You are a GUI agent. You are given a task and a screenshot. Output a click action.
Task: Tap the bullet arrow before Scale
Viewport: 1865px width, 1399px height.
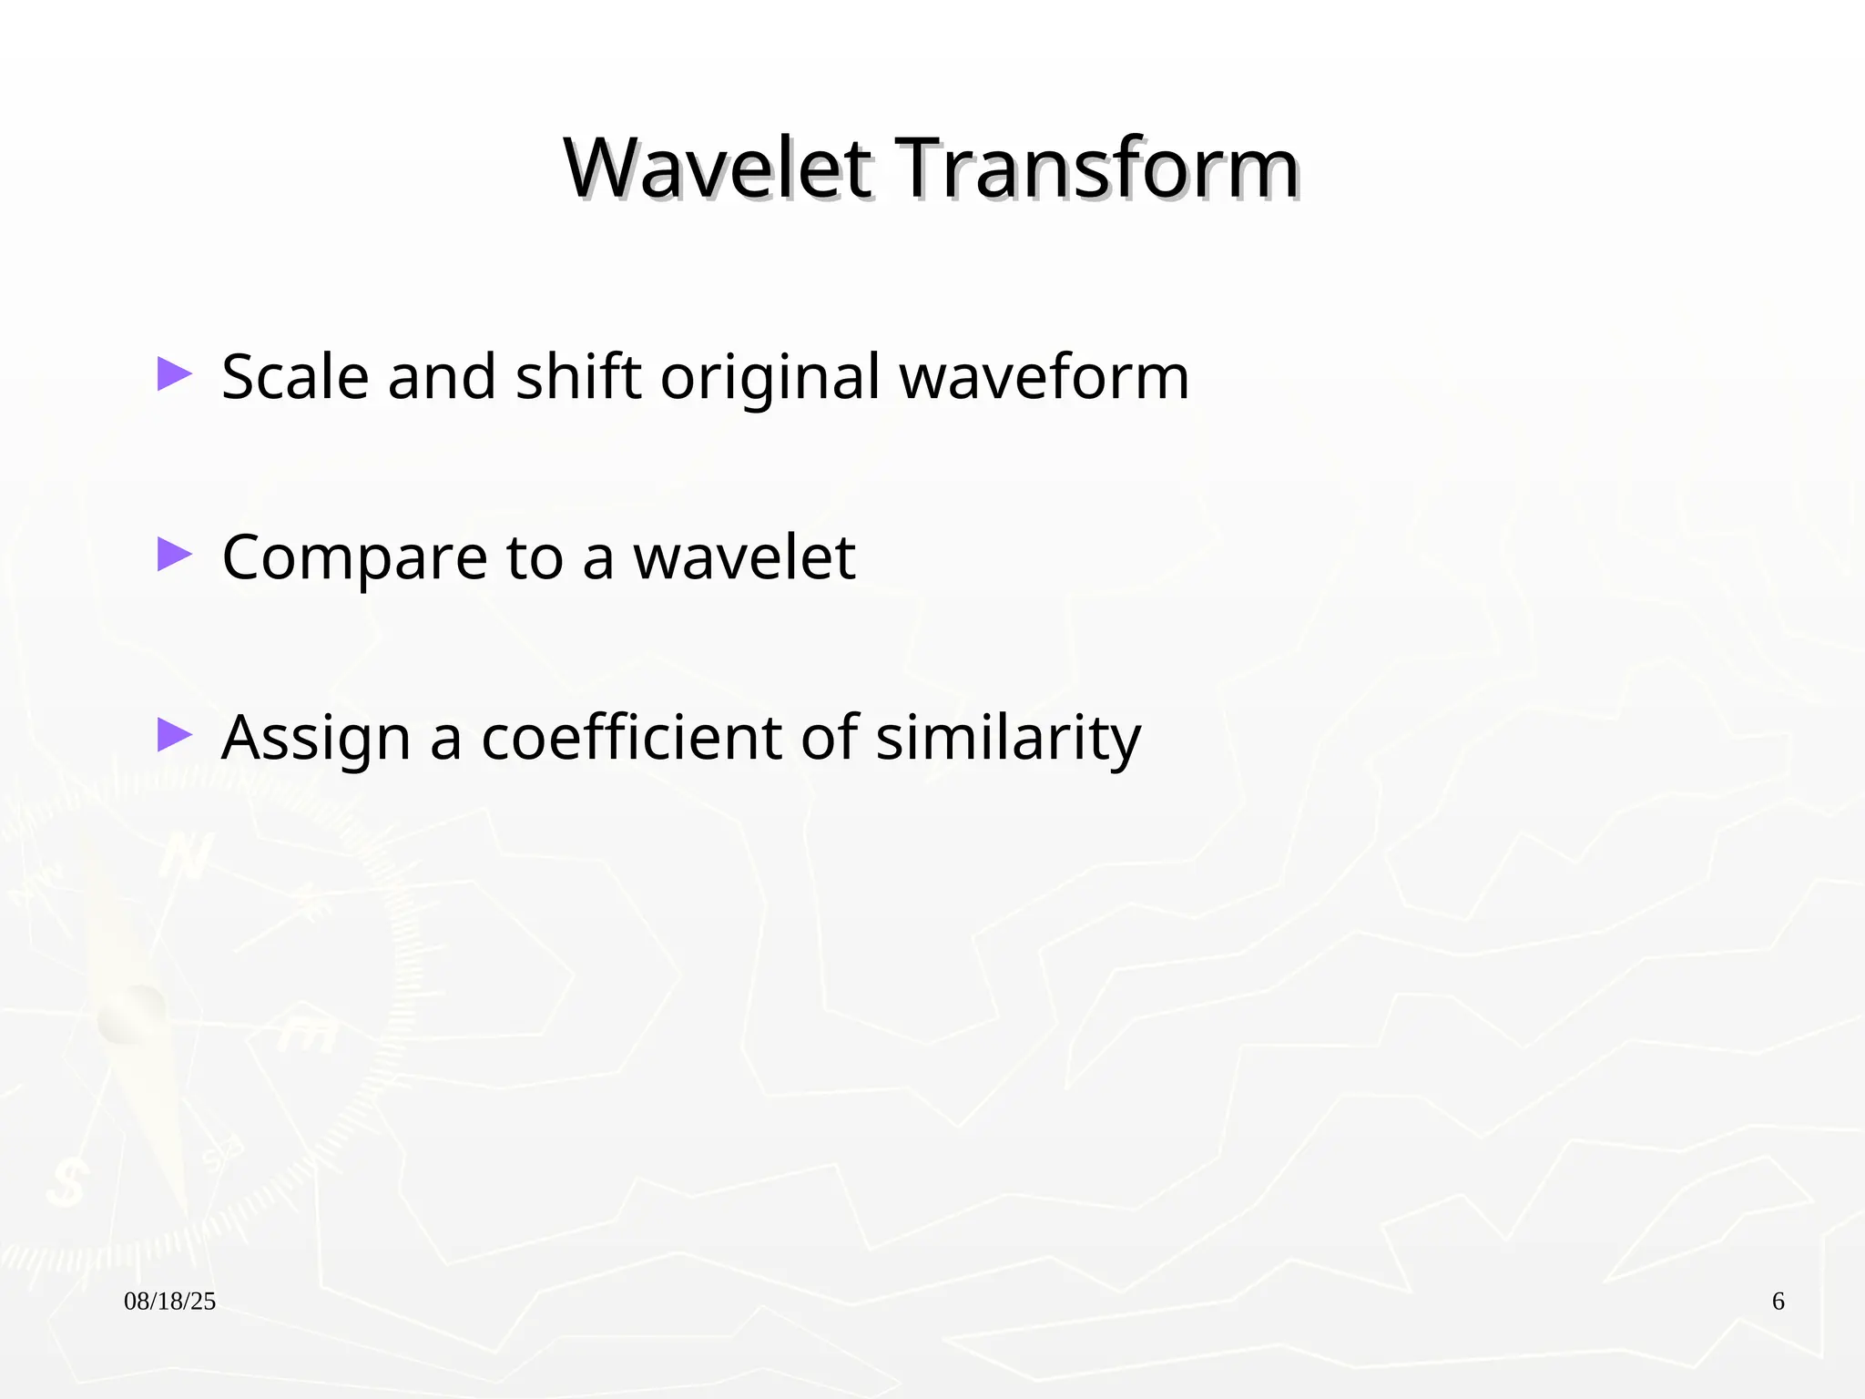pyautogui.click(x=174, y=374)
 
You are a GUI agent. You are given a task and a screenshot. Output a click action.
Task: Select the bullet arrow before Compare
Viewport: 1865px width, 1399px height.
pyautogui.click(x=174, y=554)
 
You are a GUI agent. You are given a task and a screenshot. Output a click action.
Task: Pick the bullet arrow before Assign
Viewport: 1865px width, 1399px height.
pyautogui.click(x=174, y=734)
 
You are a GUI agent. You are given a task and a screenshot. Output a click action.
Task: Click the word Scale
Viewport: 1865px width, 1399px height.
pyautogui.click(x=295, y=376)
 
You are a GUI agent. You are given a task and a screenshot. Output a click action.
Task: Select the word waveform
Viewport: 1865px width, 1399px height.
pyautogui.click(x=1045, y=376)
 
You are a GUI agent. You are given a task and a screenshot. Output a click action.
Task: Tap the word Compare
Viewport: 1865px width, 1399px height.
pyautogui.click(x=354, y=558)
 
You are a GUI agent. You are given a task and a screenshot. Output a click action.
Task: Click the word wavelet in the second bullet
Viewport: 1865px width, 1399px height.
pyautogui.click(x=744, y=557)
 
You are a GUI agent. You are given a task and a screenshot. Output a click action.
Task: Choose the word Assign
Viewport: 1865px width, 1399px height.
pyautogui.click(x=316, y=739)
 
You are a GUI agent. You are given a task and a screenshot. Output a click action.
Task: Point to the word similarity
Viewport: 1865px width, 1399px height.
pyautogui.click(x=1008, y=739)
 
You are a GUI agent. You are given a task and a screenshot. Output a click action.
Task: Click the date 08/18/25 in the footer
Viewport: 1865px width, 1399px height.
pyautogui.click(x=170, y=1302)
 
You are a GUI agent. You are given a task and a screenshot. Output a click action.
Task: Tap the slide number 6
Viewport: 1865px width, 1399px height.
pyautogui.click(x=1778, y=1302)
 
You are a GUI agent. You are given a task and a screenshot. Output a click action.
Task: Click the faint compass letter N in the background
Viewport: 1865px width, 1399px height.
pyautogui.click(x=187, y=856)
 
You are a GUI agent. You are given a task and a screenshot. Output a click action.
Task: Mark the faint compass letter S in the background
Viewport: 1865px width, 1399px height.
pyautogui.click(x=66, y=1183)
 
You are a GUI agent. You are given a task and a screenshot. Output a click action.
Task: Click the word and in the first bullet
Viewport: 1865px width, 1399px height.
pyautogui.click(x=442, y=376)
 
